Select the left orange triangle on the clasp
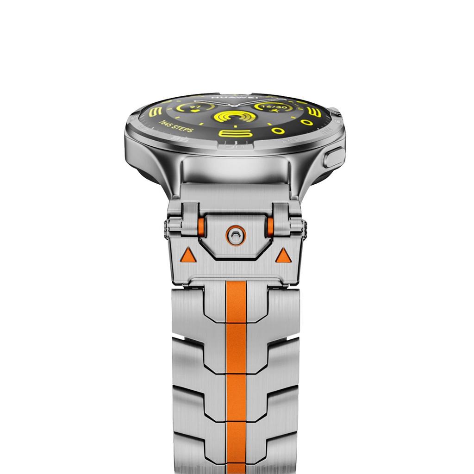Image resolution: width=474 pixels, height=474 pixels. point(187,254)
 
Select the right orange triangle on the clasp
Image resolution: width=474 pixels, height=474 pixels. point(283,255)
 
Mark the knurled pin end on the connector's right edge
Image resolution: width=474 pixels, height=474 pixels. point(306,229)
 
